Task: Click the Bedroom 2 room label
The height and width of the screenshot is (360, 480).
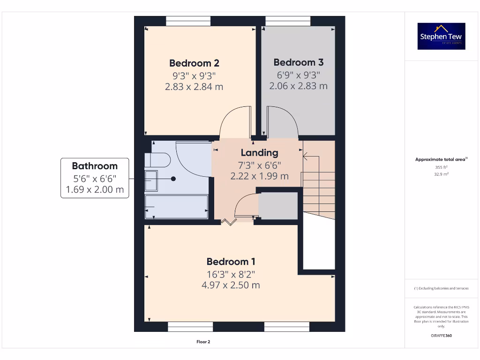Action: pyautogui.click(x=194, y=63)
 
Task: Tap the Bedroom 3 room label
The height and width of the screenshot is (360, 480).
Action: pyautogui.click(x=298, y=62)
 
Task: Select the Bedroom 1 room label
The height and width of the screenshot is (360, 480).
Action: pyautogui.click(x=231, y=262)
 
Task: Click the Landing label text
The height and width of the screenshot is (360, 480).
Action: pyautogui.click(x=259, y=152)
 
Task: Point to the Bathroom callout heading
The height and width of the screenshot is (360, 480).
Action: pyautogui.click(x=94, y=166)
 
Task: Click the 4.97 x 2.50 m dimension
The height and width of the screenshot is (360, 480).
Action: pyautogui.click(x=231, y=285)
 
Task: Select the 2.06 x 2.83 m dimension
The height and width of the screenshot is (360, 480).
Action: pyautogui.click(x=298, y=86)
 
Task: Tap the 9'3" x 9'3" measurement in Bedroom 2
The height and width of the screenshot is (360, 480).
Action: pyautogui.click(x=194, y=75)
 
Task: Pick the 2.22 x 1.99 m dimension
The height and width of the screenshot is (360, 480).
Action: pyautogui.click(x=259, y=176)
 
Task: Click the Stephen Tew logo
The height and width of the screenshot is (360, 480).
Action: pyautogui.click(x=441, y=36)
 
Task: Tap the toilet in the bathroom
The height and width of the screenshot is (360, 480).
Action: pyautogui.click(x=157, y=160)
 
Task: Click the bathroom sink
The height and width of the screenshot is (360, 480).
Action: pyautogui.click(x=151, y=180)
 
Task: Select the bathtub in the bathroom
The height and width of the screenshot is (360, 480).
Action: pyautogui.click(x=176, y=207)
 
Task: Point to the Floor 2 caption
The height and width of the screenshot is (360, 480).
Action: pyautogui.click(x=203, y=342)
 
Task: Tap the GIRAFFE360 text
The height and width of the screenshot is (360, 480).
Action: pyautogui.click(x=441, y=336)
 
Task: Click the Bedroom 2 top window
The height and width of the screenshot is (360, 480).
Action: pyautogui.click(x=188, y=21)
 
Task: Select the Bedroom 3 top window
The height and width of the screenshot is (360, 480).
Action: pyautogui.click(x=287, y=21)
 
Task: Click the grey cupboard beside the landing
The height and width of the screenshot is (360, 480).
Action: pyautogui.click(x=278, y=205)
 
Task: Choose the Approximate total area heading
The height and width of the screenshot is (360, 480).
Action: pyautogui.click(x=440, y=159)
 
